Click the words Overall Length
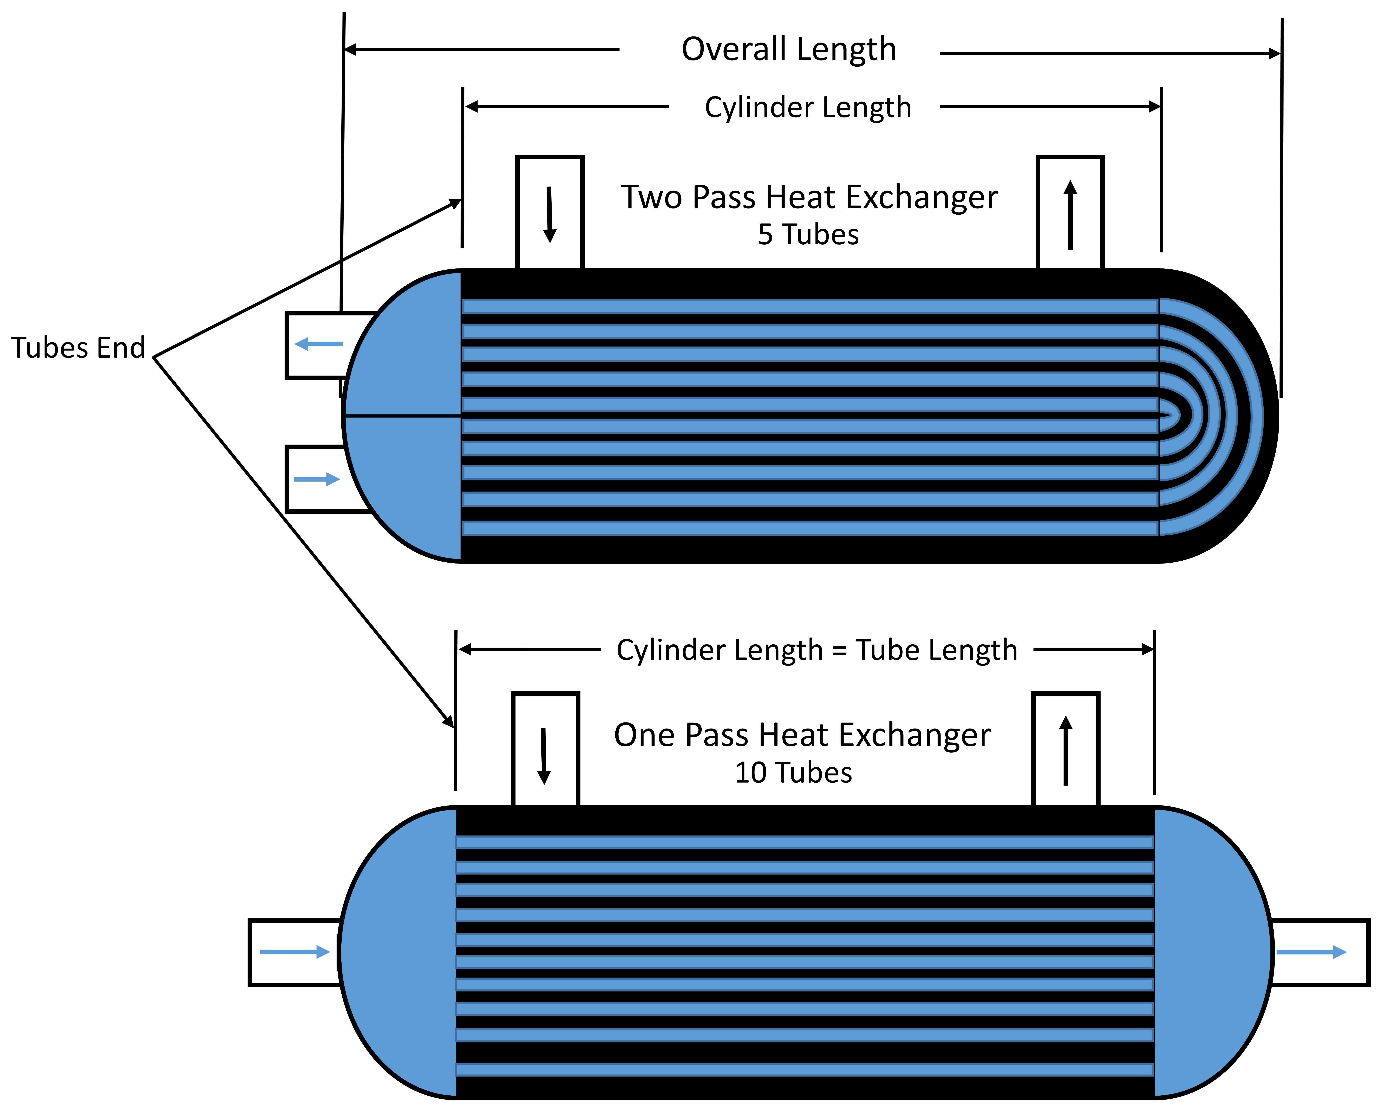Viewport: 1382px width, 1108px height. pos(788,49)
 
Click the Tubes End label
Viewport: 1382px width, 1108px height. pos(78,348)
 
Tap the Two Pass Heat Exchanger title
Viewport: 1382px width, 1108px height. pos(809,197)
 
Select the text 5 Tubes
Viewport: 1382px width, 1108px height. pos(808,235)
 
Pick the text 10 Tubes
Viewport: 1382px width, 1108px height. pos(793,773)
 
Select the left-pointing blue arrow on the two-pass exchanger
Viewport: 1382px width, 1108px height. pos(319,344)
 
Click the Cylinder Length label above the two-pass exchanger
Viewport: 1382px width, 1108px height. pos(808,107)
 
